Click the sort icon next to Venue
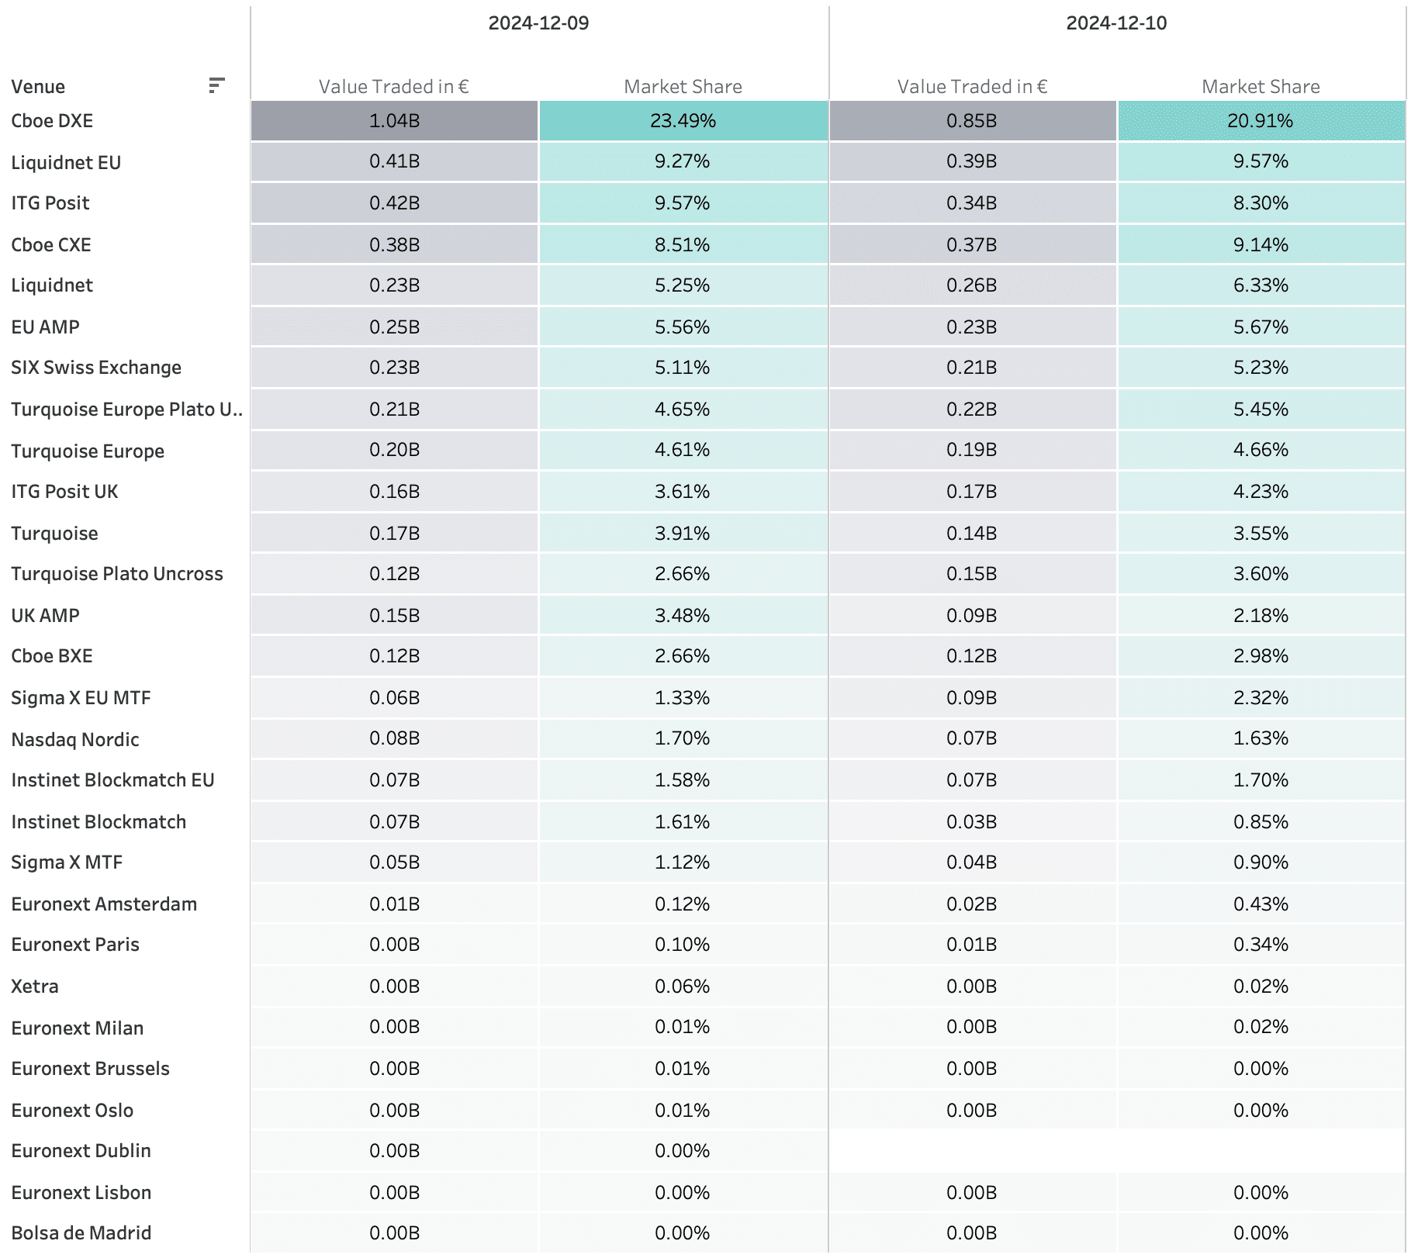click(216, 85)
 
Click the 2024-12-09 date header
click(538, 23)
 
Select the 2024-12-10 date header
click(1116, 23)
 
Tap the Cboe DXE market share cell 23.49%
click(683, 121)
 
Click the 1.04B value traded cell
click(394, 121)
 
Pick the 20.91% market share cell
click(1261, 121)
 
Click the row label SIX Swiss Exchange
click(96, 368)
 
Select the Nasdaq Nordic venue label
click(75, 740)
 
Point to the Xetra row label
click(35, 987)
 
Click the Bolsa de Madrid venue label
click(81, 1233)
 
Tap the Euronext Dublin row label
click(81, 1151)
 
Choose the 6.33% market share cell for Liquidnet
click(1261, 285)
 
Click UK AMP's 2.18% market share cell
click(1261, 616)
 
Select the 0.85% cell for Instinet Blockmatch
click(1261, 822)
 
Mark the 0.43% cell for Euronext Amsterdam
click(1261, 904)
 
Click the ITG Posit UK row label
click(64, 492)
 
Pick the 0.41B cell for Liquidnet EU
click(394, 161)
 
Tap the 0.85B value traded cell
click(972, 121)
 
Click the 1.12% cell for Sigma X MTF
click(683, 862)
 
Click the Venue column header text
click(38, 87)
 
